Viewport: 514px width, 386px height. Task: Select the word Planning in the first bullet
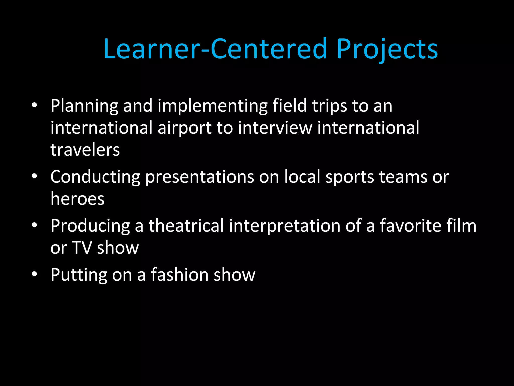point(84,106)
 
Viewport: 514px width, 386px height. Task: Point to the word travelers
point(85,150)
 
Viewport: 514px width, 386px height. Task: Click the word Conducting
point(95,177)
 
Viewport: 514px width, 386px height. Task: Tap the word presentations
point(200,177)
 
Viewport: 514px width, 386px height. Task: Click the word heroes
point(77,199)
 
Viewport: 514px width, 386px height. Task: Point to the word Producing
point(90,226)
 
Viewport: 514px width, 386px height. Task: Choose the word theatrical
point(186,225)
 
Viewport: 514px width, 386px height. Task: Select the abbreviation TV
point(82,248)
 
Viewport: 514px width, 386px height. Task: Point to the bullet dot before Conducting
point(34,176)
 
